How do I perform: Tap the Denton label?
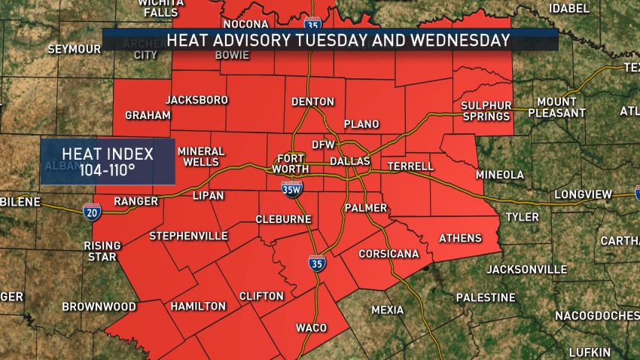pos(312,102)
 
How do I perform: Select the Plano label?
pos(361,124)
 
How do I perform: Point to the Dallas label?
pos(350,161)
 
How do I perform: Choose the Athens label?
pos(460,239)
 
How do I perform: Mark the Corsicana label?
pos(389,255)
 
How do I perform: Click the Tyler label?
pos(522,217)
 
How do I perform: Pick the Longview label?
pos(584,194)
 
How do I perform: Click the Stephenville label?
pos(188,236)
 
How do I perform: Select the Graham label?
pos(148,115)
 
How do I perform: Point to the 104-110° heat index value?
pos(107,170)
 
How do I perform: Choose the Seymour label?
pos(74,49)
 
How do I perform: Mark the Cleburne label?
pos(283,219)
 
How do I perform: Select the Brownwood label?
pos(99,307)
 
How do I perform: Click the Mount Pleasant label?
pos(556,107)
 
